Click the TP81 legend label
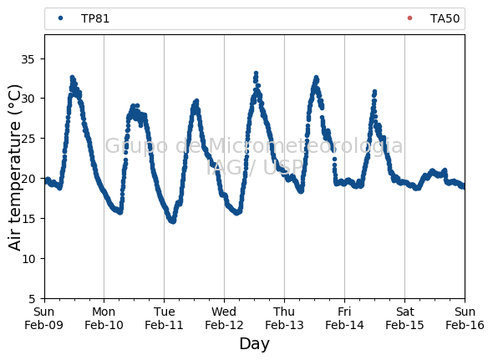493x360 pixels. [95, 18]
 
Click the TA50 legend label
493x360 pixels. [445, 18]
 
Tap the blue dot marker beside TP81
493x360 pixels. [61, 18]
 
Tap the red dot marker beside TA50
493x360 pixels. [409, 18]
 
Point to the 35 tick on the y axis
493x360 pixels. [28, 58]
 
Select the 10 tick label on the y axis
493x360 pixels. [28, 259]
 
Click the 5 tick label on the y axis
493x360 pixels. [31, 299]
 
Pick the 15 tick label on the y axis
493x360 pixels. [28, 219]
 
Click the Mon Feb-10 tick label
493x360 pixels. [104, 318]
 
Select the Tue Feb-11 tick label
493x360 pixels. [164, 318]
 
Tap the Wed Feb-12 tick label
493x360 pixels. [224, 318]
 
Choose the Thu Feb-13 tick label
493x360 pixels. [284, 318]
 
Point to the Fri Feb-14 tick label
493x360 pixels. [344, 318]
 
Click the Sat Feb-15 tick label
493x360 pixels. [404, 318]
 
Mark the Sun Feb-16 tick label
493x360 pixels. [465, 318]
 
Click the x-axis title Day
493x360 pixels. [254, 344]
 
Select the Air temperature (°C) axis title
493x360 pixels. [14, 168]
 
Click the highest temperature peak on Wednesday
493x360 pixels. [256, 74]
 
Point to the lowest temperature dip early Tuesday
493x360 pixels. [173, 221]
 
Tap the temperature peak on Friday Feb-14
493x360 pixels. [374, 92]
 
